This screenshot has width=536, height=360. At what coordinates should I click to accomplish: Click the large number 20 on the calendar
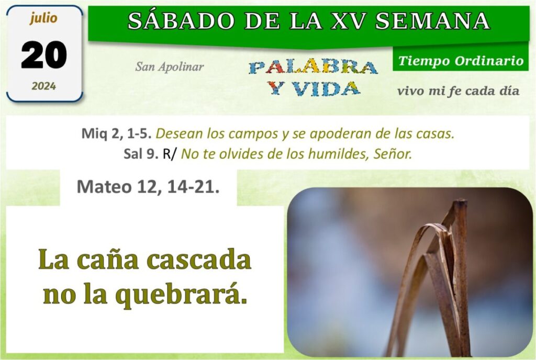[x=44, y=54]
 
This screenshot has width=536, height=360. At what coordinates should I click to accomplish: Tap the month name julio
[x=43, y=18]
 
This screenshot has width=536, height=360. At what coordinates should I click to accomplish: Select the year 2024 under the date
[x=44, y=86]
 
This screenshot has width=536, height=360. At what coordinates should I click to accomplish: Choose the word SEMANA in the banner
[x=433, y=20]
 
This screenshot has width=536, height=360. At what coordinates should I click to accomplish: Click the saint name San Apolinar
[x=170, y=66]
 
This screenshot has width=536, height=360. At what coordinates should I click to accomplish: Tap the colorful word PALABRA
[x=313, y=67]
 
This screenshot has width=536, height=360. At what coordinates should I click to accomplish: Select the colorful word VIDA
[x=326, y=89]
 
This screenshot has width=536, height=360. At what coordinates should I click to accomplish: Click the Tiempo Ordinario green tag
[x=461, y=61]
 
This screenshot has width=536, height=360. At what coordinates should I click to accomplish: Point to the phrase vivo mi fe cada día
[x=458, y=91]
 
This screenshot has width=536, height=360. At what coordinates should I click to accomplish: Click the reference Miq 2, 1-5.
[x=116, y=133]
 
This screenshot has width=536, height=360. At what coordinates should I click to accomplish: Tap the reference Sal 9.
[x=141, y=154]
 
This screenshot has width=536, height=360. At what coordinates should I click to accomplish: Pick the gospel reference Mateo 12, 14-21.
[x=148, y=187]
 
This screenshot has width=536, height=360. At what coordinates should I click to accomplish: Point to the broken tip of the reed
[x=461, y=201]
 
